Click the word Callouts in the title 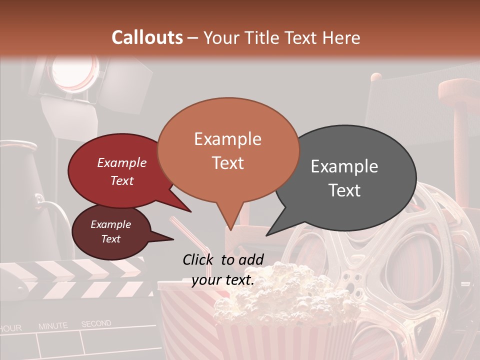click(147, 37)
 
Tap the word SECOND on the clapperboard click(96, 324)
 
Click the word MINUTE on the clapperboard click(53, 326)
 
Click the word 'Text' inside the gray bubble click(345, 190)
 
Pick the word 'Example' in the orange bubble click(228, 139)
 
